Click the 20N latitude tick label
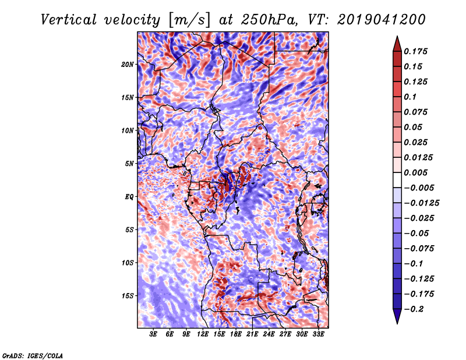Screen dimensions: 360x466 (128, 64)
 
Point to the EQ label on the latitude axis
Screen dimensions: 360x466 (129, 197)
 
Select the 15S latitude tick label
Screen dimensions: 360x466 (128, 296)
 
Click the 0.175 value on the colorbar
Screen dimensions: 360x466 (418, 52)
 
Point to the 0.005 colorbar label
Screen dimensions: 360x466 (418, 173)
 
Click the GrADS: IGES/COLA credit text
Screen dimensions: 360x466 (33, 355)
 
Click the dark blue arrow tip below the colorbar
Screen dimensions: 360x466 (396, 319)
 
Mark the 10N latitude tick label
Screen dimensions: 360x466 (128, 130)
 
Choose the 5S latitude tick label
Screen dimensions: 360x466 (129, 230)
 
